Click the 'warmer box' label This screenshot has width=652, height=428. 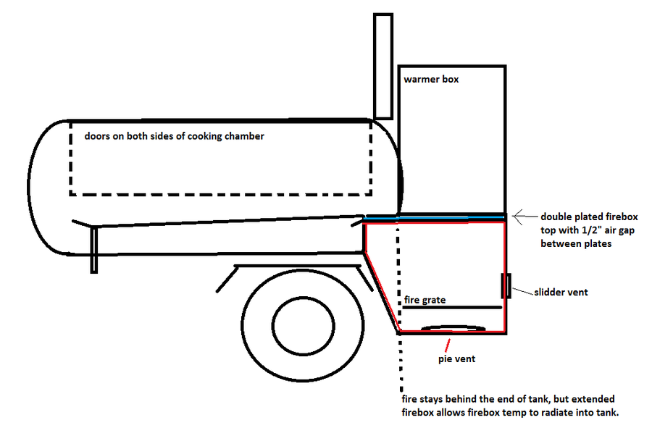point(431,79)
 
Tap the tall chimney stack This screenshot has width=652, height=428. point(383,65)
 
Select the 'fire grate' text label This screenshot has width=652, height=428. point(424,299)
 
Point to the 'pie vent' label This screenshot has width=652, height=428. point(456,358)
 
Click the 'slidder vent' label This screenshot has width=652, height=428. point(561,293)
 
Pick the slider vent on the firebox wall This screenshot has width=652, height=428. point(506,286)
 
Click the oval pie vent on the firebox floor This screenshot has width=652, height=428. point(454,328)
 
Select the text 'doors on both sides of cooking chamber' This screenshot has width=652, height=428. point(174,136)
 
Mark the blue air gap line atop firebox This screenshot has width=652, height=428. point(435,217)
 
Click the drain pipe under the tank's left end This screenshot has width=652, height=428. point(94,249)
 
